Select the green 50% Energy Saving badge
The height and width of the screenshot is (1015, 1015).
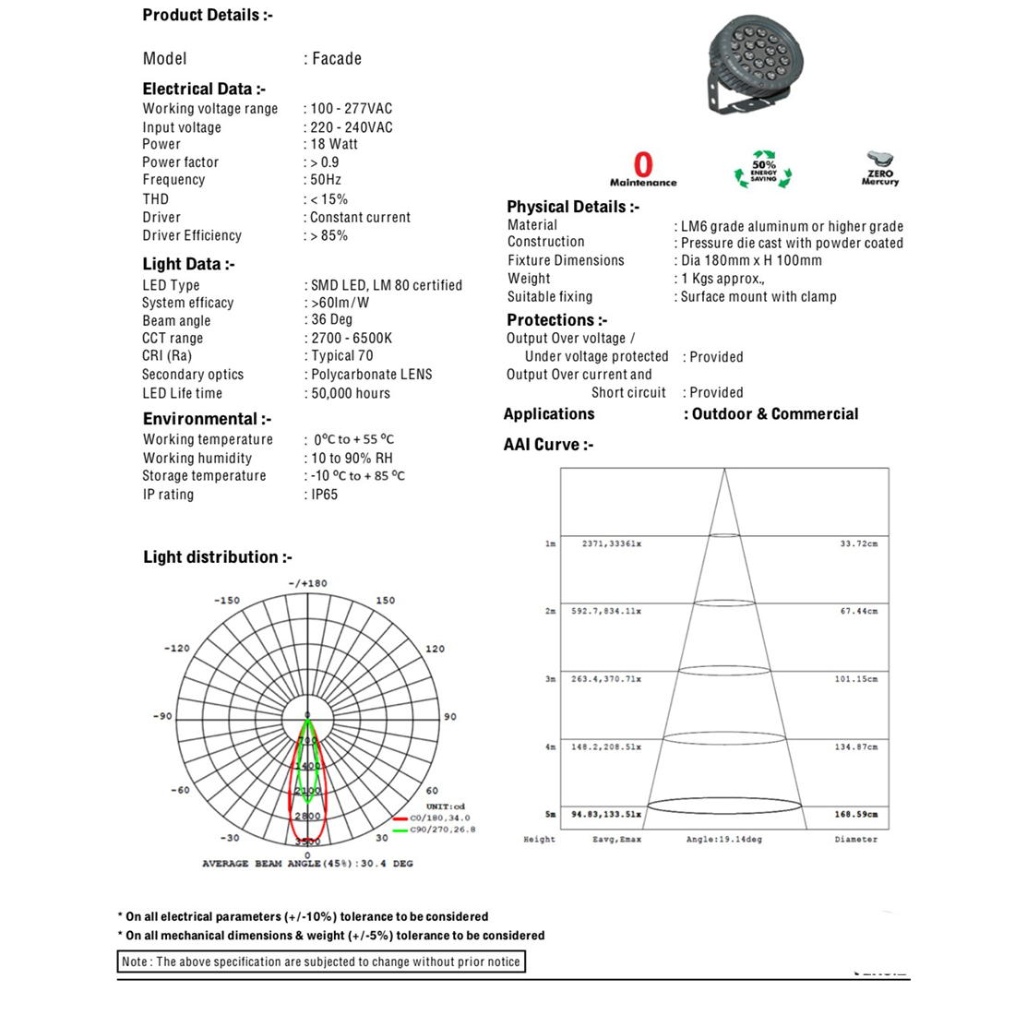coord(763,170)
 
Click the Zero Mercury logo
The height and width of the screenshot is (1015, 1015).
coord(880,169)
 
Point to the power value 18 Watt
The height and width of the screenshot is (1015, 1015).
coord(334,144)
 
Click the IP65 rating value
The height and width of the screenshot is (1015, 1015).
coord(324,495)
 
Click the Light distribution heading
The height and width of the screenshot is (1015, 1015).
coord(218,557)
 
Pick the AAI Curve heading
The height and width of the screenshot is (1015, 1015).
coord(548,445)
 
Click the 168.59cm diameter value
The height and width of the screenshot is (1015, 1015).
coord(856,815)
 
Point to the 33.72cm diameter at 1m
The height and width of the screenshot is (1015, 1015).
coord(858,544)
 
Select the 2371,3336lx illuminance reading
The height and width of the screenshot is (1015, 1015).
coord(611,544)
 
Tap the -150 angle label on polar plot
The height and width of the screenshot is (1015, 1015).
coord(227,601)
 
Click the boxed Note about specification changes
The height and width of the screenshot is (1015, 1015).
coord(321,961)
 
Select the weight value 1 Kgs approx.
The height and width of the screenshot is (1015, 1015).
coord(722,279)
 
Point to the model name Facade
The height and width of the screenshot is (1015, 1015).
coord(337,59)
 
